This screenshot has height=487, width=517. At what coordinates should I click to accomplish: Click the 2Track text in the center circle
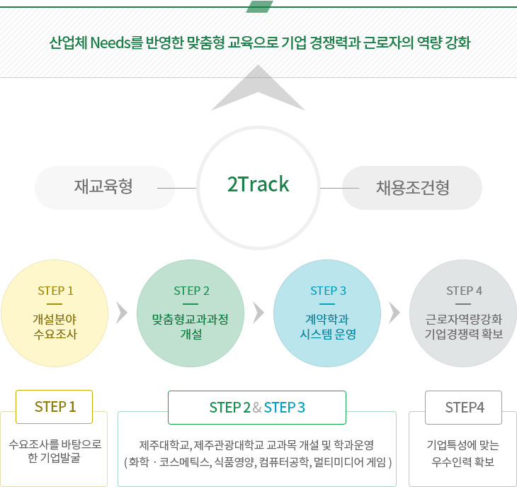click(258, 184)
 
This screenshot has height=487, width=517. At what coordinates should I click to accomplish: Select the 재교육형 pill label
click(105, 187)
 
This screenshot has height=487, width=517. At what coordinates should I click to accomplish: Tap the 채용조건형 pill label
click(412, 187)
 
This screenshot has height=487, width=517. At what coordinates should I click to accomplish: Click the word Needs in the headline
click(110, 43)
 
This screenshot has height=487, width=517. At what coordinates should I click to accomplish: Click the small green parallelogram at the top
click(259, 6)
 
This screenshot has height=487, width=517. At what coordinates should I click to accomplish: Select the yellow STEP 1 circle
click(55, 313)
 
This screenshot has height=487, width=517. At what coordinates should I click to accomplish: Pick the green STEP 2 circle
click(191, 313)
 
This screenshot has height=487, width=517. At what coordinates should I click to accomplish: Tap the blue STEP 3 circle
click(327, 313)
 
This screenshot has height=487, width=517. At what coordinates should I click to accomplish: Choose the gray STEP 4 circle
click(463, 313)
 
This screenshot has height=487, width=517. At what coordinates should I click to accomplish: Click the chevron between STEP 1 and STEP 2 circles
click(123, 313)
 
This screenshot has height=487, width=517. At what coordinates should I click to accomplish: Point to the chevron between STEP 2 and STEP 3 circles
click(258, 313)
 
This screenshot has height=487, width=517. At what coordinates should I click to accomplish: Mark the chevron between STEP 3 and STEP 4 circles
click(395, 313)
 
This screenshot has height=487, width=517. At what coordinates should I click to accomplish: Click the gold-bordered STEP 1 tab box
click(54, 407)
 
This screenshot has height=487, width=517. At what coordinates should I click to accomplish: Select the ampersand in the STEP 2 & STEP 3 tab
click(257, 408)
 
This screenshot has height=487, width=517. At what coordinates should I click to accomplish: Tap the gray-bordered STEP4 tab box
click(463, 408)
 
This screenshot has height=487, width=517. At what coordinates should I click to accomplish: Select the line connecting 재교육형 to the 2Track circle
click(177, 188)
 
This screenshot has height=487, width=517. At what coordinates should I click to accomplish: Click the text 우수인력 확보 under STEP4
click(463, 461)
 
